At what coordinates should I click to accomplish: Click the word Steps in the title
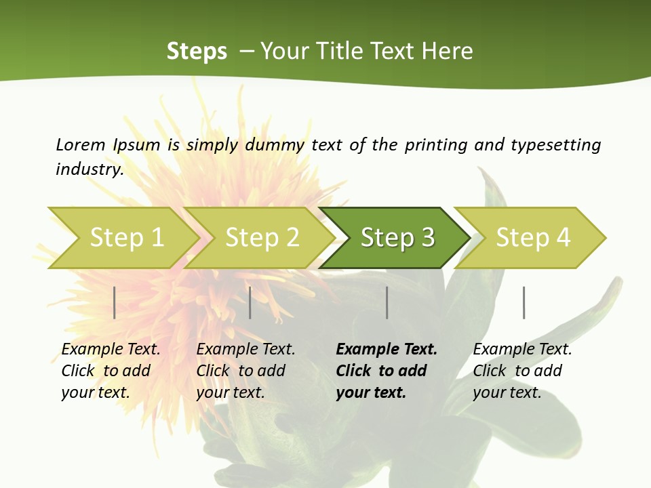click(197, 52)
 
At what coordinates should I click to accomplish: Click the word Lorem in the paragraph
click(81, 144)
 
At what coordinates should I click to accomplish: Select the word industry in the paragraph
click(89, 169)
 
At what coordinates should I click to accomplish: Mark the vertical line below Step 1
click(115, 302)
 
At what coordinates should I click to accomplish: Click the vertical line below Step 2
click(250, 302)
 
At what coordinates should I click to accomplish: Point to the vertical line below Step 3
click(387, 302)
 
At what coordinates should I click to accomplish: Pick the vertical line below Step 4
click(524, 302)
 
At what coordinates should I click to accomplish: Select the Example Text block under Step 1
click(111, 371)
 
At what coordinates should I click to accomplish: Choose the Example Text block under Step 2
click(245, 371)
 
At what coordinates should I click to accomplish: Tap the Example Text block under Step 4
click(522, 371)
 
